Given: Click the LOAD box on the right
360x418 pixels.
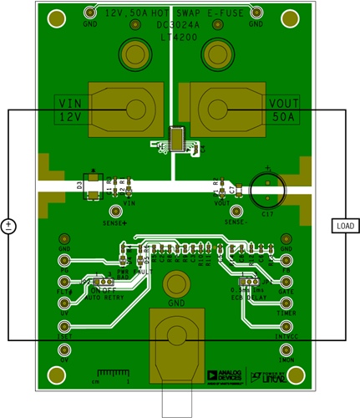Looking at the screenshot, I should pyautogui.click(x=344, y=226).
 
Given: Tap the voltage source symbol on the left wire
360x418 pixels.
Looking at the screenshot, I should pyautogui.click(x=8, y=226).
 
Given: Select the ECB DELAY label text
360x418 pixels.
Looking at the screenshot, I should pyautogui.click(x=247, y=296).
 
